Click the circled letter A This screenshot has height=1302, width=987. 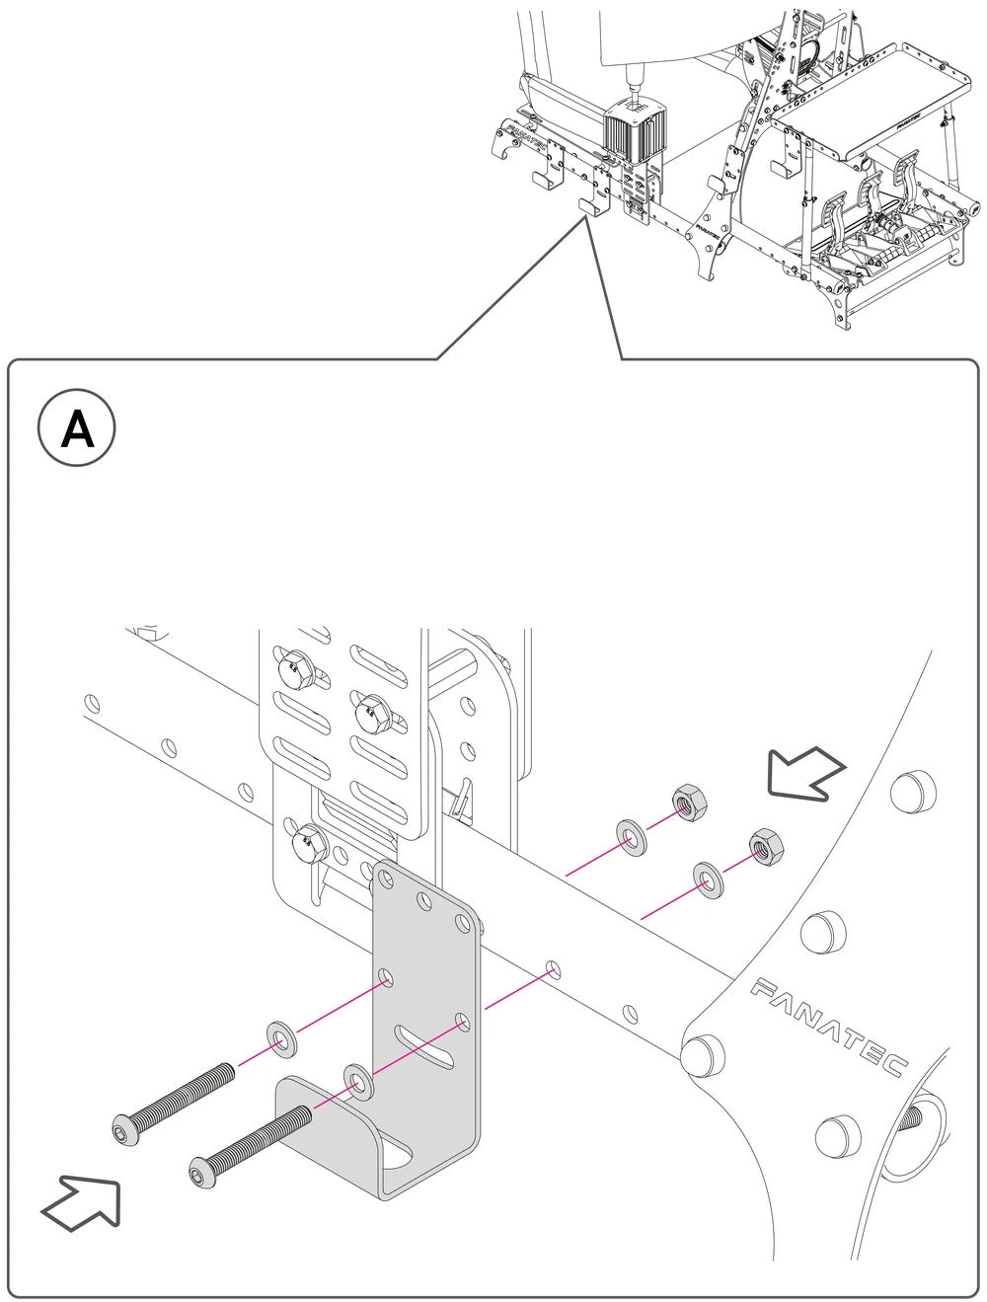point(77,431)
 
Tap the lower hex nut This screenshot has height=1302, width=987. point(761,845)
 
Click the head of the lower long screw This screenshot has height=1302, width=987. point(201,1175)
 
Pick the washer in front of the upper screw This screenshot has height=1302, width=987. point(284,1039)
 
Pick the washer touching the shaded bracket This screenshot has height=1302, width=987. point(358,1081)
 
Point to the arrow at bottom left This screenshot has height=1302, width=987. point(81,1203)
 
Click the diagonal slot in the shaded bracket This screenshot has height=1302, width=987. point(425,1040)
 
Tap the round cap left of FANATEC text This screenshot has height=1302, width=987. point(701,1053)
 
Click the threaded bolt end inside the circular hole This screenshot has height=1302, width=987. point(914,1118)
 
